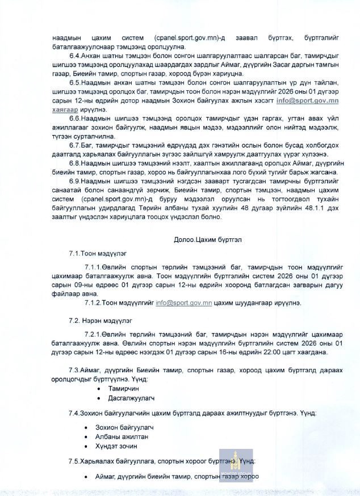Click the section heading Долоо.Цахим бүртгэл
(208, 239)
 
